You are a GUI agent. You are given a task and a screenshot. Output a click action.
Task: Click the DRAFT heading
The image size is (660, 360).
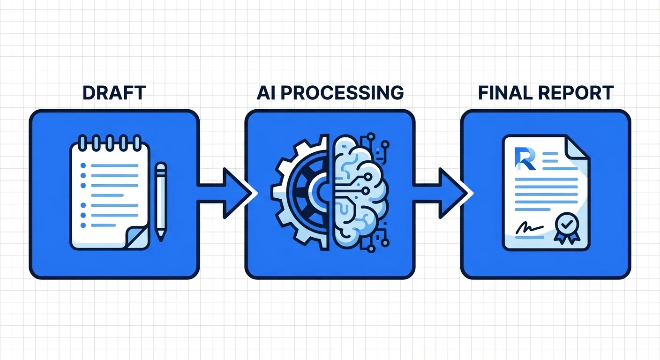(x=114, y=93)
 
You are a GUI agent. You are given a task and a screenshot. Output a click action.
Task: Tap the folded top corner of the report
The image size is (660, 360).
(x=576, y=146)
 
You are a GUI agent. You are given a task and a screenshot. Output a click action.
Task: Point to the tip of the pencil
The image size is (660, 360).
(x=161, y=238)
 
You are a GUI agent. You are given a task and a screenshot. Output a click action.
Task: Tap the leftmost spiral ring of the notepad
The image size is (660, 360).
(x=83, y=141)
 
